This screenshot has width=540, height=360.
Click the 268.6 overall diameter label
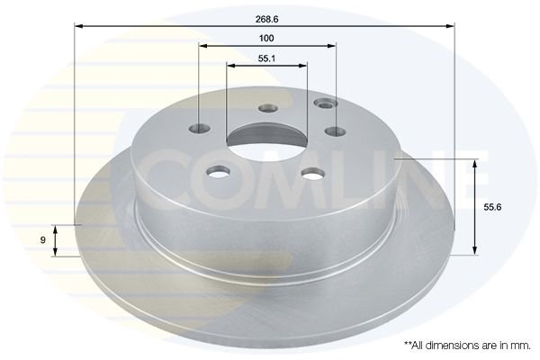click(267, 19)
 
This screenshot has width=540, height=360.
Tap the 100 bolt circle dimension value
click(266, 38)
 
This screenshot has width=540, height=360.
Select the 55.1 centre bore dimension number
click(266, 58)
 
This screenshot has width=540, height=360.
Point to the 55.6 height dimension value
click(492, 207)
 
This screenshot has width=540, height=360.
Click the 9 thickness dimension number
click(42, 240)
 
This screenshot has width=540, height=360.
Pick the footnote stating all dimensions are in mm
click(467, 346)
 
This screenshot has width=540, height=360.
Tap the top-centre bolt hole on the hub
click(268, 109)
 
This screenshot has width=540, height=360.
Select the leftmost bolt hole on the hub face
click(200, 129)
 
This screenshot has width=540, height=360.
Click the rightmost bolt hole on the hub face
click(335, 130)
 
